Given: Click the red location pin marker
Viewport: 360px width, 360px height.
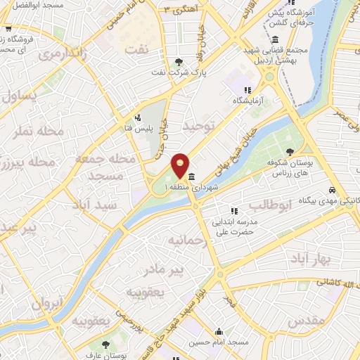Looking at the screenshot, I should (x=180, y=166).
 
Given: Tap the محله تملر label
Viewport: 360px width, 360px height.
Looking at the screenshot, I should (x=58, y=132).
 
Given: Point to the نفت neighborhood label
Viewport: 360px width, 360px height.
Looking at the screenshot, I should (x=136, y=49).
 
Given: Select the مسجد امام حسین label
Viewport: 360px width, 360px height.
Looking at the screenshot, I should (x=219, y=345).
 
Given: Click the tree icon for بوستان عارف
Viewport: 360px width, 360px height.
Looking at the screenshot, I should (x=105, y=345).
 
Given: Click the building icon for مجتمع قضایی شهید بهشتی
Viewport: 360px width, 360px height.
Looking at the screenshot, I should (x=274, y=38).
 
